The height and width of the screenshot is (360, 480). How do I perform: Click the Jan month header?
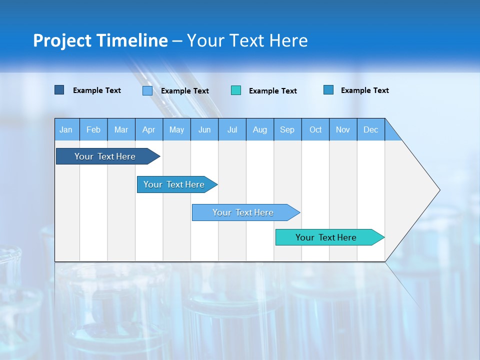point(66,129)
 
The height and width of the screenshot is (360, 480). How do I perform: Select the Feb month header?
point(93,129)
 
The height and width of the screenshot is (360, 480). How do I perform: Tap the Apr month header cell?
point(149,129)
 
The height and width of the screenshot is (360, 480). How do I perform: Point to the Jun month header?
point(204,129)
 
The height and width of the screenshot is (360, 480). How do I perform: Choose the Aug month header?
point(260,129)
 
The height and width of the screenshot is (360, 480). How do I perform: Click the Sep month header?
point(287,129)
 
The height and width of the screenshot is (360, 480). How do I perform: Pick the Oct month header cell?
point(315,129)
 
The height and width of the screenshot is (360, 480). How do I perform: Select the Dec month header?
point(371,129)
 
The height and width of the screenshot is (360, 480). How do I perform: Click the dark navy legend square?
point(59,90)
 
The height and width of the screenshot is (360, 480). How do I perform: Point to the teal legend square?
point(236,90)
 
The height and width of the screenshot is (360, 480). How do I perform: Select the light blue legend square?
point(147,90)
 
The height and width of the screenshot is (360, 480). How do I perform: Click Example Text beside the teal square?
point(272,91)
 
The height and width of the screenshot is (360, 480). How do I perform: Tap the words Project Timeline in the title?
point(100,40)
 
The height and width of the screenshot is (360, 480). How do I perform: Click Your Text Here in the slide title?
point(247,40)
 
